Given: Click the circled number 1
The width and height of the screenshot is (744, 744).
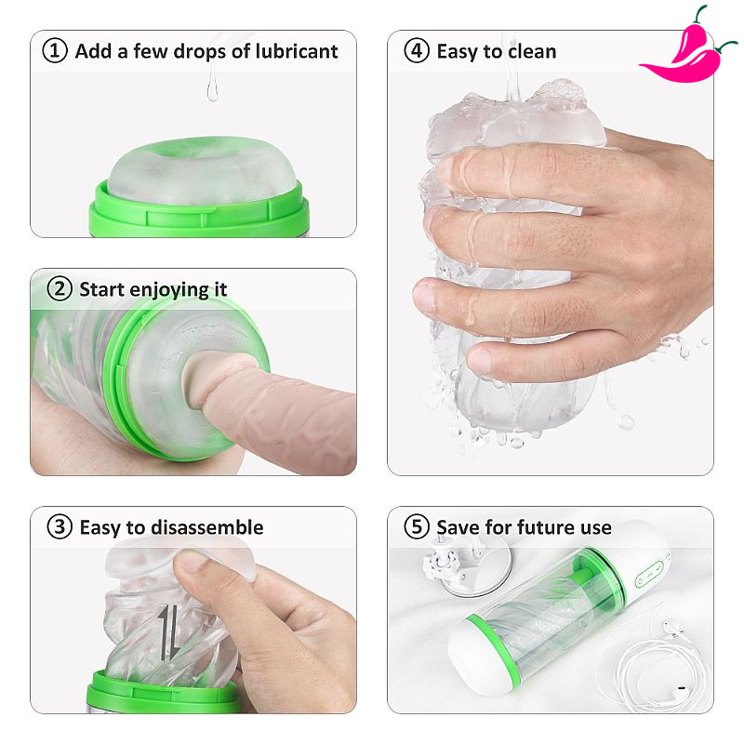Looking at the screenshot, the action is pos(55,51).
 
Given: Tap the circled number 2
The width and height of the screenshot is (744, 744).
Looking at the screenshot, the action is pos(60,289).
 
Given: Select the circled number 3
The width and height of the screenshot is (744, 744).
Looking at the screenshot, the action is pos(60,527).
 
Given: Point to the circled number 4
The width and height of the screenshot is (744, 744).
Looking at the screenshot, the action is pos(416,51).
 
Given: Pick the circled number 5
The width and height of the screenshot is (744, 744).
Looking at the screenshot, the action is pos(416,527).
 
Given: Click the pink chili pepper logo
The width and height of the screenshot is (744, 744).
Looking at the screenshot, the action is pos(688,47).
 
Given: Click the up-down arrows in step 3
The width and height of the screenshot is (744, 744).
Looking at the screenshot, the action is pos(169,632).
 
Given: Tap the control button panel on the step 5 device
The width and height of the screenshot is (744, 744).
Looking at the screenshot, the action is pos(649,574).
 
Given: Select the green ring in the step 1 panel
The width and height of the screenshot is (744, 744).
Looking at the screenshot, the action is pos(199,212).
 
